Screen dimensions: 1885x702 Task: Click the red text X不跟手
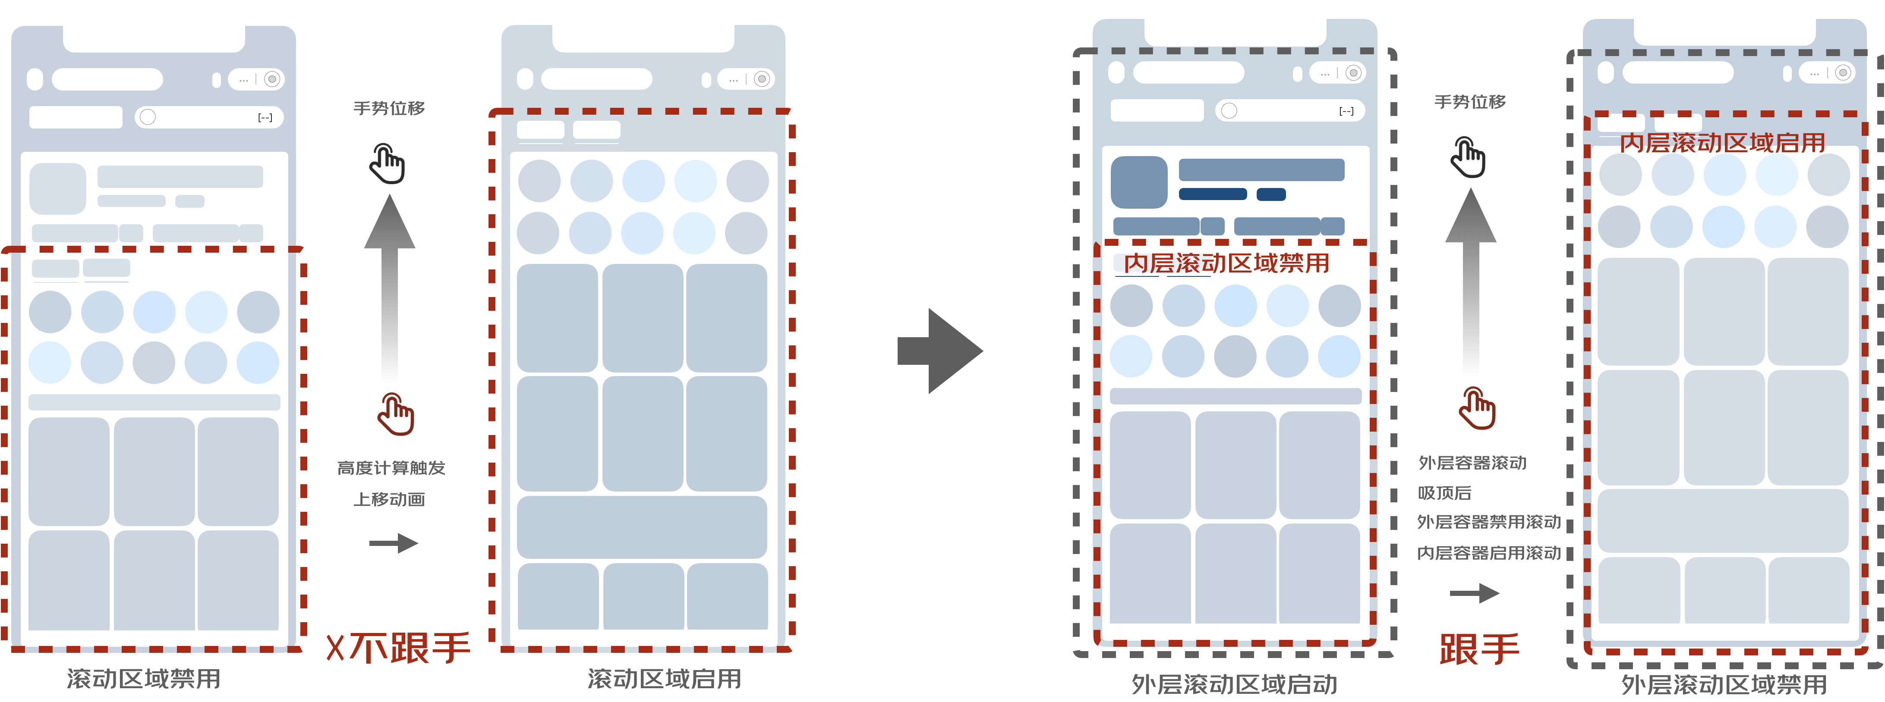point(399,648)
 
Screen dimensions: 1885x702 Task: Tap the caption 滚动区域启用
point(665,679)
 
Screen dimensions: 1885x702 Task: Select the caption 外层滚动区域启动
point(1235,684)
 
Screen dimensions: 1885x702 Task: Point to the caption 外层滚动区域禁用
point(1724,684)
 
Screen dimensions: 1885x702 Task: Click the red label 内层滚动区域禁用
point(1226,263)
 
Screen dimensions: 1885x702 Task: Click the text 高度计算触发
point(391,468)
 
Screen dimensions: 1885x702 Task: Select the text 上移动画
point(389,499)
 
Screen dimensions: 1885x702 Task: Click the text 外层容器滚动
point(1472,463)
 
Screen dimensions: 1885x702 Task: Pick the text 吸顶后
point(1444,493)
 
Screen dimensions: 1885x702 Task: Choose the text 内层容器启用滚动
point(1488,553)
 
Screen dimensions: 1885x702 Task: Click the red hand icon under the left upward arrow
point(395,414)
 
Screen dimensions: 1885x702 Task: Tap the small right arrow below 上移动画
point(394,543)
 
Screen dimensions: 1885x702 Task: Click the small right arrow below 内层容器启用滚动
point(1475,593)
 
